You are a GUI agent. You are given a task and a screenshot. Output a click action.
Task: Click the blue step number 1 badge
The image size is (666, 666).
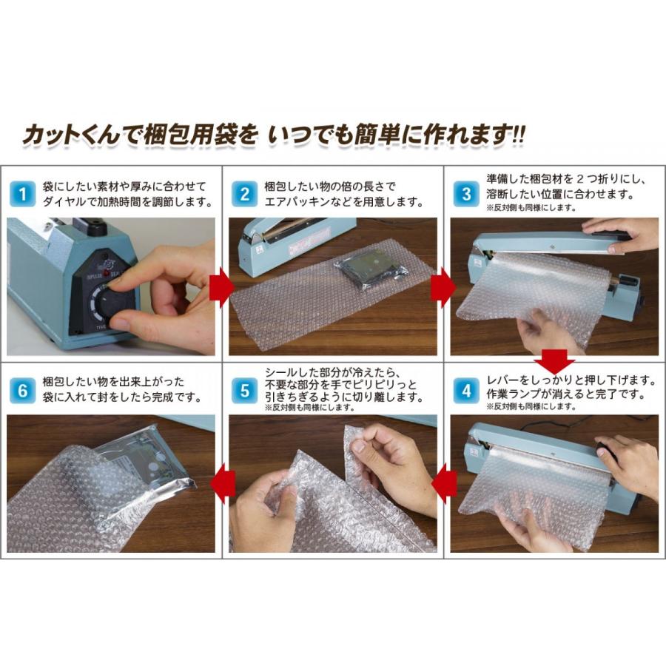(22, 194)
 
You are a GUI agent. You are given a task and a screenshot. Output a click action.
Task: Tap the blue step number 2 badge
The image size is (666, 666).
(244, 194)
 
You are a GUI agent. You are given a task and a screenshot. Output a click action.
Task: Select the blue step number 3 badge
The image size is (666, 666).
(466, 194)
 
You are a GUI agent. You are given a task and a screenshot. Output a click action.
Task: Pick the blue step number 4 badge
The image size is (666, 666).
(466, 391)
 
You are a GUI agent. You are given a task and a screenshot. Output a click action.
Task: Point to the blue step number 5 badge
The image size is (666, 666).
(244, 391)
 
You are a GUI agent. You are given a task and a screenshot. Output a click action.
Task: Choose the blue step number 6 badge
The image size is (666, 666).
(22, 391)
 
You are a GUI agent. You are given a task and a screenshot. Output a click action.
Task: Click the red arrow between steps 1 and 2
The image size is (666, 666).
(222, 288)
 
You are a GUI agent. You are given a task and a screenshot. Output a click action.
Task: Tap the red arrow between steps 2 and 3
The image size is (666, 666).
(443, 288)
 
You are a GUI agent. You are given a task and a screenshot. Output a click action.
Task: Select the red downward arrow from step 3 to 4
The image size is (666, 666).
(554, 361)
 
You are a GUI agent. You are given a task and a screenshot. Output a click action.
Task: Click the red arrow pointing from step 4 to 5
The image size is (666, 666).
(443, 484)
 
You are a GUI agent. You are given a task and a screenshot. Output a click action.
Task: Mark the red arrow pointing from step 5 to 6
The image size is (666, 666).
(222, 484)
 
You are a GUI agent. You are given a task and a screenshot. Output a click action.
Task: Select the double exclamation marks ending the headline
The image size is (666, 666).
(519, 135)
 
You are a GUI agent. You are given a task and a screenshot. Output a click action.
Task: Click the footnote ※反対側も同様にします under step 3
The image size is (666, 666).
(531, 208)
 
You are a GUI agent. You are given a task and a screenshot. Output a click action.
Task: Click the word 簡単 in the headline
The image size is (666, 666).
(377, 135)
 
